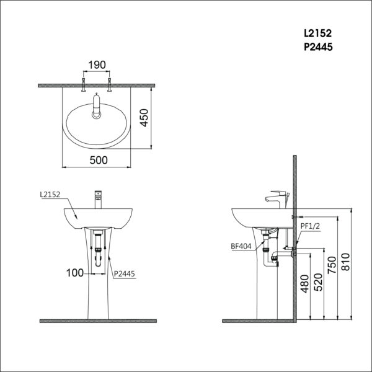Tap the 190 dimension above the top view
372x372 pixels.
97,64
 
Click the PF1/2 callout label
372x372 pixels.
310,227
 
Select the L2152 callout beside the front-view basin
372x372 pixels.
50,195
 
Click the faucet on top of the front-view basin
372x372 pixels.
98,200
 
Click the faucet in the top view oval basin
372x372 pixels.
98,105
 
